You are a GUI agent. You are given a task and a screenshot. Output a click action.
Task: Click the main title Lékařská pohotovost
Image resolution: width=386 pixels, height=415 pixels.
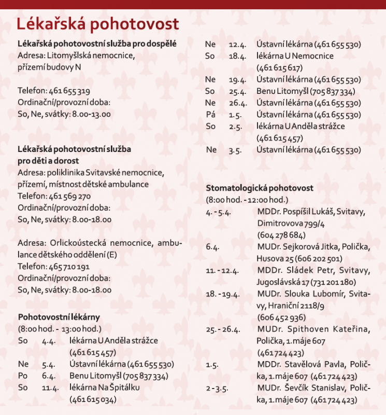tap(97, 24)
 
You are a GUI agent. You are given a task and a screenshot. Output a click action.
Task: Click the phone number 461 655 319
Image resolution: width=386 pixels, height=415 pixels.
tap(70, 90)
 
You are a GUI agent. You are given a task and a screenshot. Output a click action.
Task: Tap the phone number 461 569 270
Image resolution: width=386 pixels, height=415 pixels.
tap(70, 196)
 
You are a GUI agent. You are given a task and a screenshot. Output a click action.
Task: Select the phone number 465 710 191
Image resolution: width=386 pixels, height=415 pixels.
tap(70, 267)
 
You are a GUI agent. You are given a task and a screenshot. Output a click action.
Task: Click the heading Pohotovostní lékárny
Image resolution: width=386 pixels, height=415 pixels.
tap(59, 316)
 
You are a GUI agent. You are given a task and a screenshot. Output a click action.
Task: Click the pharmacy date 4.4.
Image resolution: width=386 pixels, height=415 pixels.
tap(49, 341)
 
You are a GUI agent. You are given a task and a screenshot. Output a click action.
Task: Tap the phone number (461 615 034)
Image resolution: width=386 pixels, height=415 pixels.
tap(92, 399)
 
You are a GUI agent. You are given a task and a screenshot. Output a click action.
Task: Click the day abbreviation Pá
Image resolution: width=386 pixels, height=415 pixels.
tap(210, 115)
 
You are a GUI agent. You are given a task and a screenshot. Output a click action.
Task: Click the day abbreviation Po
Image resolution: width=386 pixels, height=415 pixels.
tap(23, 376)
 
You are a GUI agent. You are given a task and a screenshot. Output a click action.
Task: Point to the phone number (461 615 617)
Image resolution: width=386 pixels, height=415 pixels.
tap(280, 67)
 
